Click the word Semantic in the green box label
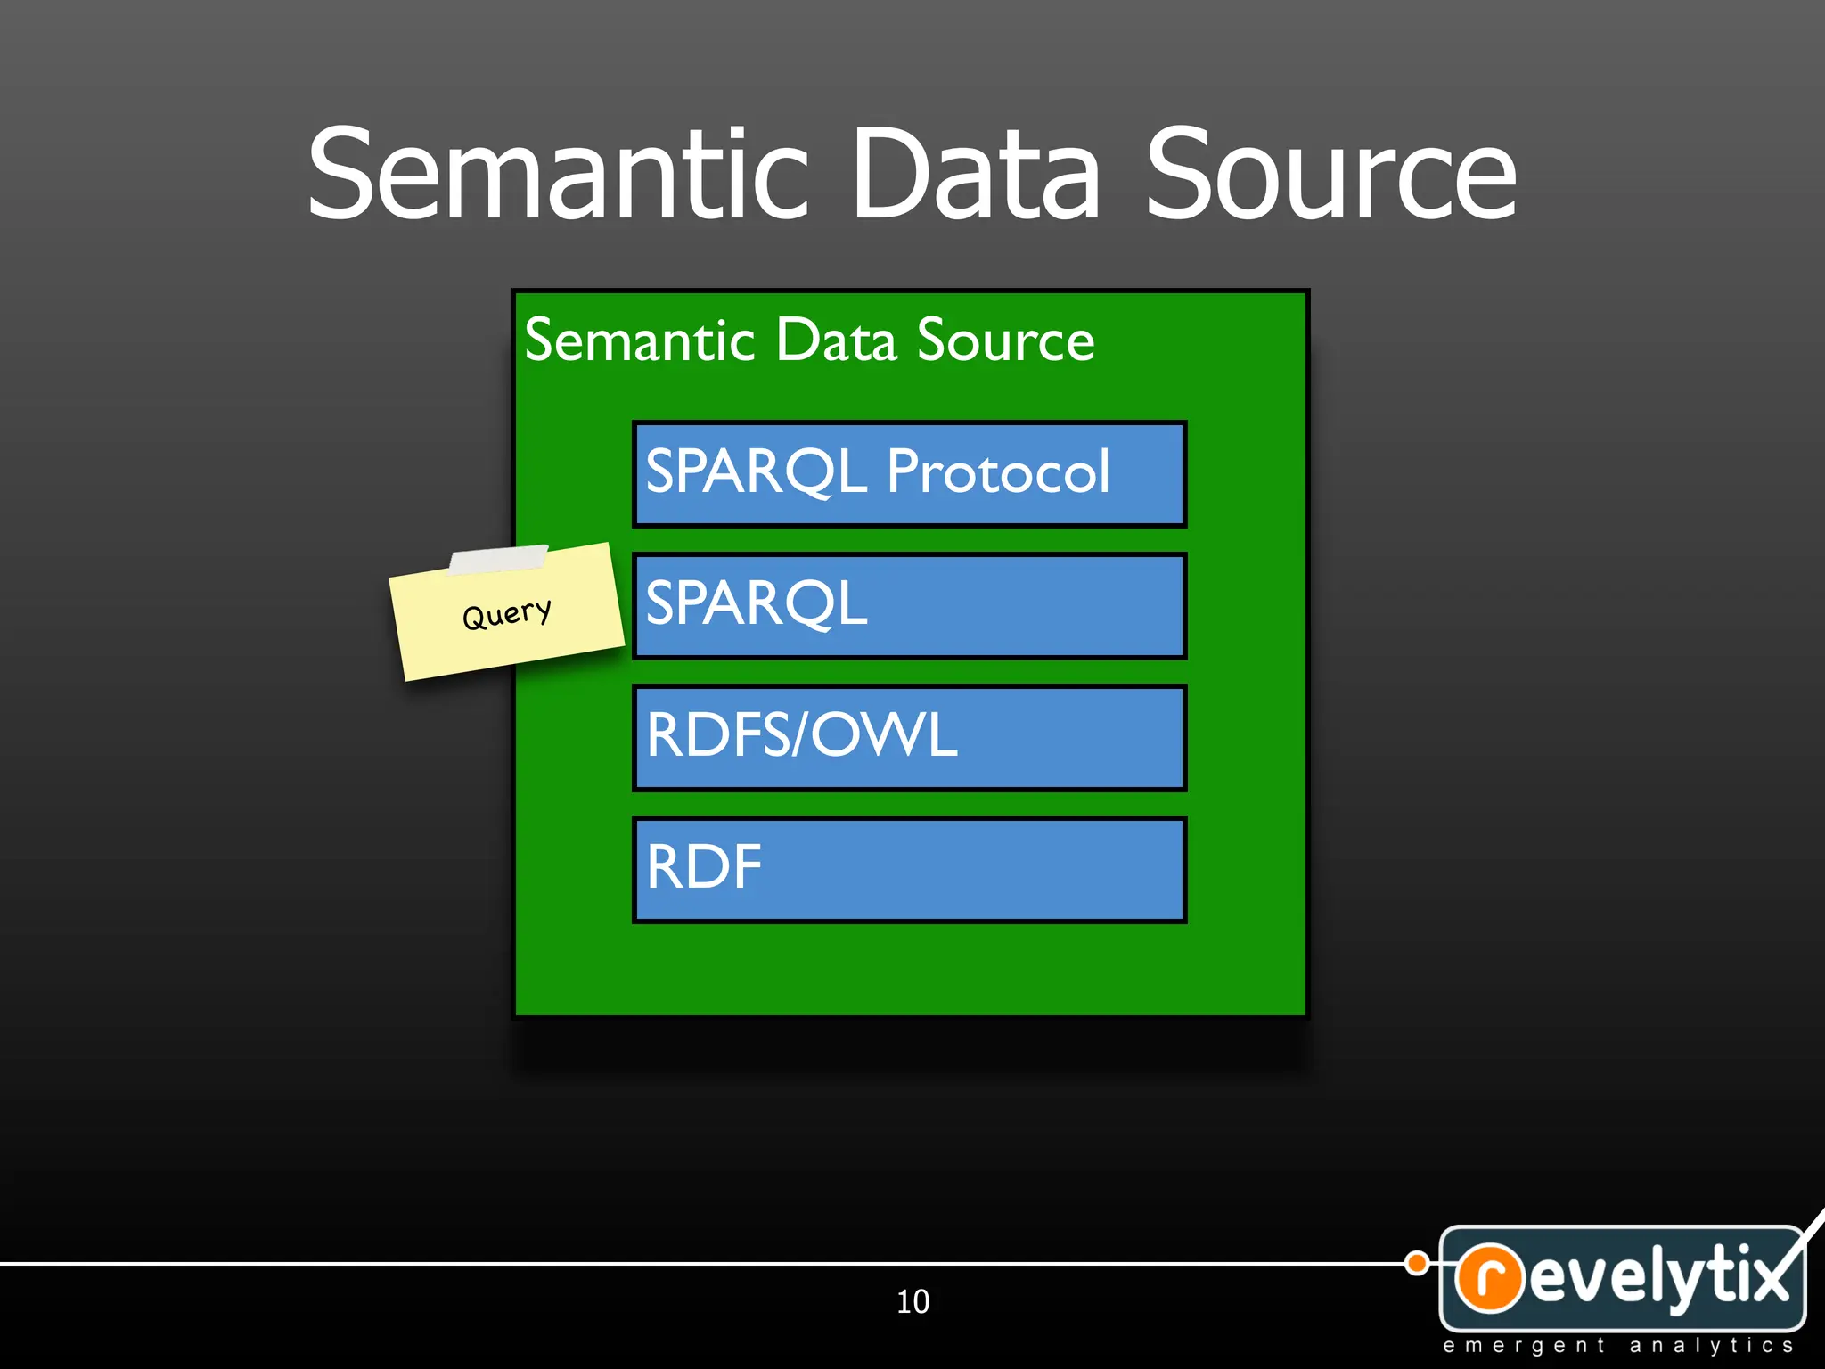coord(640,340)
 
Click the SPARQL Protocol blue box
coord(909,474)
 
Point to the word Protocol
coord(998,472)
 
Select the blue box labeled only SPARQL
coord(909,606)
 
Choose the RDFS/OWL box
coord(909,738)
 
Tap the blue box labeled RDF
coord(909,870)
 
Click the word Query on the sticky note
coord(506,614)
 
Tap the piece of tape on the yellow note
coord(498,560)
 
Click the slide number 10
coord(912,1302)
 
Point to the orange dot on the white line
coord(1417,1263)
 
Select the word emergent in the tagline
coord(1524,1346)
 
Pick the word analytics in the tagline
coord(1711,1346)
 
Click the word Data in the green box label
coord(836,340)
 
